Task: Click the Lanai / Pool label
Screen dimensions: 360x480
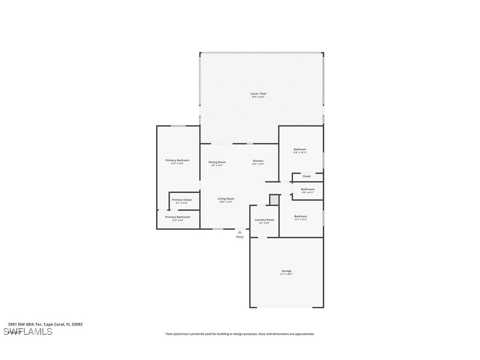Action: point(259,94)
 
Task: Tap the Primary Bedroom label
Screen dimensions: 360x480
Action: point(177,160)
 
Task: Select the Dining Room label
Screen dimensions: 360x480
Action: point(217,162)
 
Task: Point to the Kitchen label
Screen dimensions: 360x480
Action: point(258,161)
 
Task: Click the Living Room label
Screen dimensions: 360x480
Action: point(226,199)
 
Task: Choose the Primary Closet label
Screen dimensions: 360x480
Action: point(182,200)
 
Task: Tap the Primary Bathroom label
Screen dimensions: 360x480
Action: point(178,217)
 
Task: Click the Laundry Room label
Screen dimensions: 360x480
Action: point(264,220)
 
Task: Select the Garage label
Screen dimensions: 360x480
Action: point(286,271)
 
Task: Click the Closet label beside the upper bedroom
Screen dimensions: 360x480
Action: point(306,176)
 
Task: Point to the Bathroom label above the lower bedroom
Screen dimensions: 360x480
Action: point(308,189)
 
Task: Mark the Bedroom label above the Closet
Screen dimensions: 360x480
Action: point(300,149)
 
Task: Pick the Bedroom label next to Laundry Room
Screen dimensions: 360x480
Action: point(301,217)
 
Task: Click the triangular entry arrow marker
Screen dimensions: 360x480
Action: point(240,231)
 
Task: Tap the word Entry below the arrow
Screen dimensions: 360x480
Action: point(240,237)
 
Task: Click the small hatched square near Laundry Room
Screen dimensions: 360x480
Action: point(274,200)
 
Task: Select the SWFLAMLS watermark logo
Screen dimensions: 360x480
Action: point(27,332)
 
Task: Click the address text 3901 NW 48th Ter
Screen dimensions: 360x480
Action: point(45,324)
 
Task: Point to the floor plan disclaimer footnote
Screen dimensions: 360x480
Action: point(240,334)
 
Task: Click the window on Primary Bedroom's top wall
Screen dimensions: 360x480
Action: point(179,126)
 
